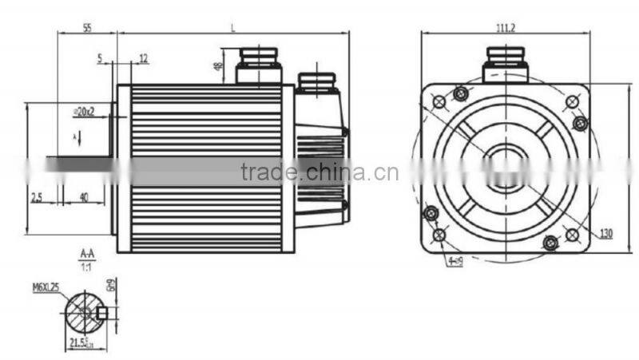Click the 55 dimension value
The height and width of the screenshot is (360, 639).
coord(87,27)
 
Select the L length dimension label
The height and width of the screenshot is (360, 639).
coord(232,27)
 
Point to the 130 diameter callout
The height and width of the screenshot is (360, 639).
coord(606,233)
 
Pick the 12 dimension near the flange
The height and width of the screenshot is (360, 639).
coord(143,57)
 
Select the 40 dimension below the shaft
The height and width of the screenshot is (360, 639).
coord(84,196)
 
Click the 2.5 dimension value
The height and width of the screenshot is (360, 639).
coord(36,196)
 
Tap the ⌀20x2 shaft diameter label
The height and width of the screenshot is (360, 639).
coord(84,112)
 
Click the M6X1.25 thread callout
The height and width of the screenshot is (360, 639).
coord(47,287)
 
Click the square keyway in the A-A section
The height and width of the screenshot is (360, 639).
coord(102,312)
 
